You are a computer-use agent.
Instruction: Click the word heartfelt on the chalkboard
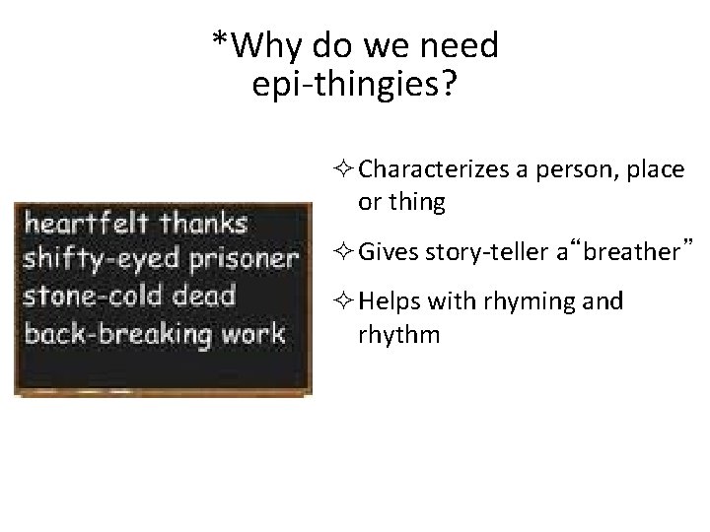[87, 223]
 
